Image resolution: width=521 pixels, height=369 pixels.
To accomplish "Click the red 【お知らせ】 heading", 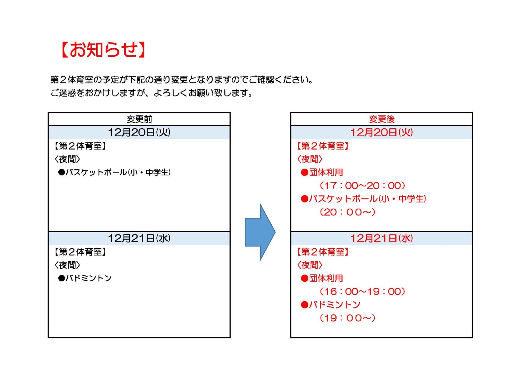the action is pyautogui.click(x=104, y=50).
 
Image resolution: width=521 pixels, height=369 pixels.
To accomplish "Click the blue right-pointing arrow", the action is pyautogui.click(x=260, y=232).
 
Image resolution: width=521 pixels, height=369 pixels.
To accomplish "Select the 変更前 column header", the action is pyautogui.click(x=139, y=119).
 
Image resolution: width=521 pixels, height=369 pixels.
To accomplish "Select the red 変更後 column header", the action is pyautogui.click(x=382, y=119).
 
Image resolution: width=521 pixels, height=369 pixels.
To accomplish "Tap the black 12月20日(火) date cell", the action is pyautogui.click(x=139, y=132).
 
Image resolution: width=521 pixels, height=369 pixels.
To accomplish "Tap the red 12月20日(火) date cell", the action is pyautogui.click(x=381, y=132).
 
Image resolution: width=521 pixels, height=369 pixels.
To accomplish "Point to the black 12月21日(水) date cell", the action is pyautogui.click(x=139, y=238).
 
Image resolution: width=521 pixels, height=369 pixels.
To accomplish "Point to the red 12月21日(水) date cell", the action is pyautogui.click(x=381, y=238).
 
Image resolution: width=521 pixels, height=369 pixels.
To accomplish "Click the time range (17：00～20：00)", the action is pyautogui.click(x=362, y=186).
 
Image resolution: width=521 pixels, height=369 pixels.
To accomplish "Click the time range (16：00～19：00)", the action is pyautogui.click(x=362, y=292).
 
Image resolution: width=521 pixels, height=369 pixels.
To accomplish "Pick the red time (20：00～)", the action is pyautogui.click(x=347, y=212).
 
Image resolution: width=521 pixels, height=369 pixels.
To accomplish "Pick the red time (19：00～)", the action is pyautogui.click(x=347, y=318).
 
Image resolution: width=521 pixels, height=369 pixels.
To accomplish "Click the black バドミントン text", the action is pyautogui.click(x=89, y=278).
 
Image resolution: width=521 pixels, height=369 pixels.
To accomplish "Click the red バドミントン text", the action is pyautogui.click(x=335, y=305).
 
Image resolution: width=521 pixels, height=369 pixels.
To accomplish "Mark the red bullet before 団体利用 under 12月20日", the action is pyautogui.click(x=305, y=173).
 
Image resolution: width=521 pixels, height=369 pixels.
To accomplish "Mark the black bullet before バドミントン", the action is pyautogui.click(x=61, y=278).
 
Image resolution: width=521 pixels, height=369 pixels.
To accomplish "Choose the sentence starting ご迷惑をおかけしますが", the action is pyautogui.click(x=151, y=93).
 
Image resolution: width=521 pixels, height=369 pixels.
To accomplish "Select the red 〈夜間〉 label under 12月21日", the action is pyautogui.click(x=309, y=265).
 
